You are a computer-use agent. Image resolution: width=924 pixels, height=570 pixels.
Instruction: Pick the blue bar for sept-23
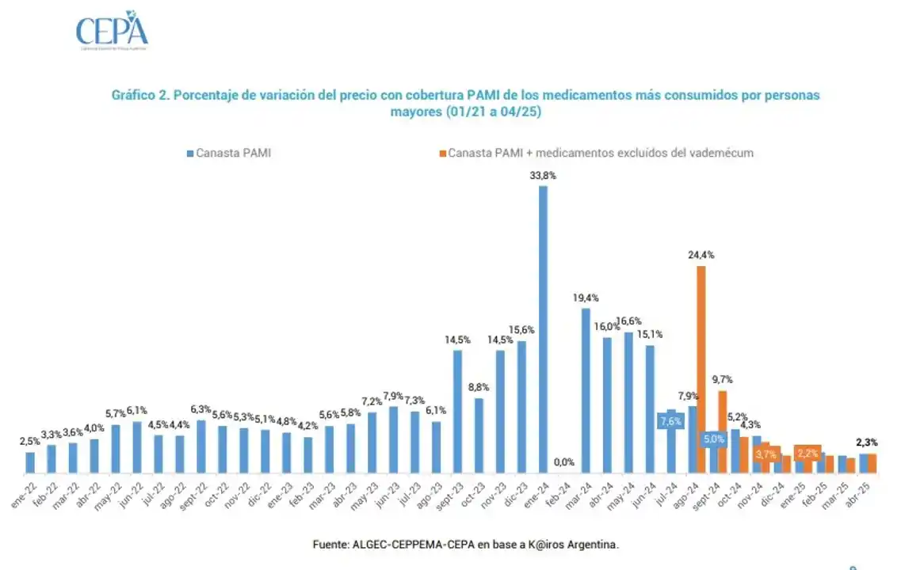457,412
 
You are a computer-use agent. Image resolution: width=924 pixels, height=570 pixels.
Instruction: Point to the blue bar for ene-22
30,462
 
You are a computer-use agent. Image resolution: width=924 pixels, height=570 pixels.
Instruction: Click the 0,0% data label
564,462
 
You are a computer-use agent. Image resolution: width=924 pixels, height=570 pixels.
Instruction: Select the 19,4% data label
585,298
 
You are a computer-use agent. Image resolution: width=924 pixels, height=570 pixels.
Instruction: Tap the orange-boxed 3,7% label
766,454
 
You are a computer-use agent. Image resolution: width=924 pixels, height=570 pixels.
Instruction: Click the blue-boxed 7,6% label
670,422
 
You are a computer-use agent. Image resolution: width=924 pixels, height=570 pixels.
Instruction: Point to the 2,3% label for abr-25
866,443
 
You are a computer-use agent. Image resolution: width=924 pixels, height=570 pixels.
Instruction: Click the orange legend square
442,153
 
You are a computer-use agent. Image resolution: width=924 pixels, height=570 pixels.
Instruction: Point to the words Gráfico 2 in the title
140,95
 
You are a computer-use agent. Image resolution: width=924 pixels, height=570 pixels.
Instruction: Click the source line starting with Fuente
466,545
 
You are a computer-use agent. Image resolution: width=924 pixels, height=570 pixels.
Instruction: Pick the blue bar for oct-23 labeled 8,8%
479,435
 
